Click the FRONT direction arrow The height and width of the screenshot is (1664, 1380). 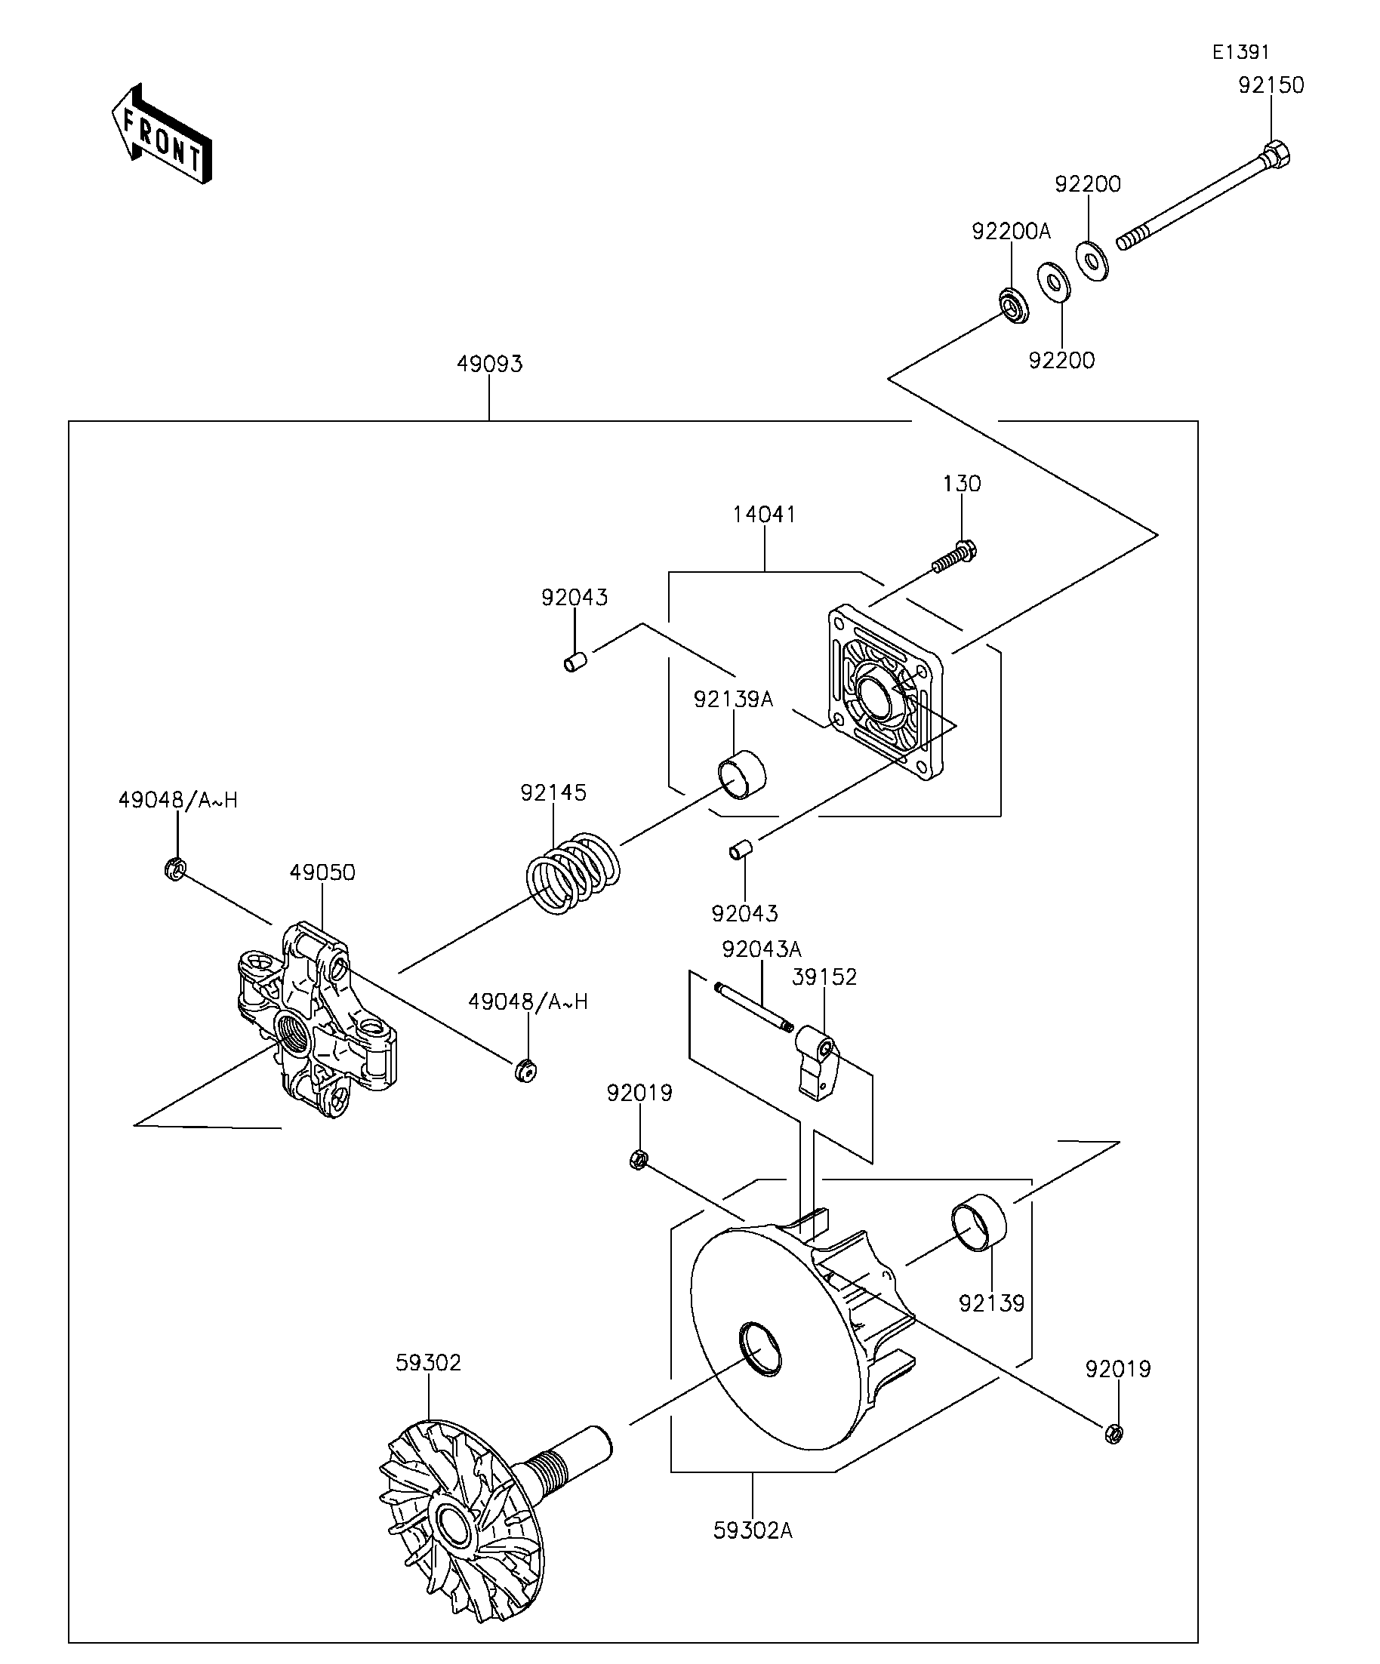[162, 134]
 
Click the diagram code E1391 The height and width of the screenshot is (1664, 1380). [1241, 52]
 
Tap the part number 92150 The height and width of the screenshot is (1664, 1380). [1271, 85]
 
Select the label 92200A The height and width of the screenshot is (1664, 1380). [1012, 232]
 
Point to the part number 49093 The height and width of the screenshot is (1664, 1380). [490, 364]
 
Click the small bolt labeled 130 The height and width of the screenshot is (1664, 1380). [953, 556]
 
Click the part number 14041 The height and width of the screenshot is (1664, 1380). [764, 514]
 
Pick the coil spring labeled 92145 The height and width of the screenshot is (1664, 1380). [573, 873]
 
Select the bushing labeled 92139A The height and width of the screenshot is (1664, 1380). [742, 775]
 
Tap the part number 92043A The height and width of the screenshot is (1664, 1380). [762, 949]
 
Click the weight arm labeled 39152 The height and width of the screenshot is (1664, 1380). [816, 1062]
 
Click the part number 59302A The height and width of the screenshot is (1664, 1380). [753, 1530]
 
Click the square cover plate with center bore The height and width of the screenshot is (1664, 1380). [886, 692]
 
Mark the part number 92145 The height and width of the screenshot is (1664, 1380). [553, 792]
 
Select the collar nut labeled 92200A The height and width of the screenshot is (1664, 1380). [1012, 306]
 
